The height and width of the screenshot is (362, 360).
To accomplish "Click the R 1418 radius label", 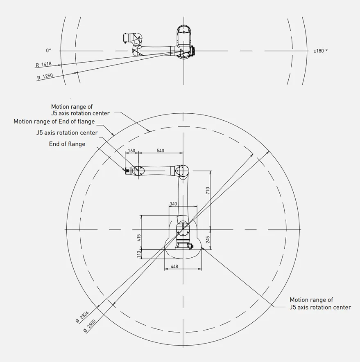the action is click(x=43, y=64).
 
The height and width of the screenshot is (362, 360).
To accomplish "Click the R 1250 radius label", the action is click(x=45, y=76).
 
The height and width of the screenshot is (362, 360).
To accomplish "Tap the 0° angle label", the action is click(x=49, y=50).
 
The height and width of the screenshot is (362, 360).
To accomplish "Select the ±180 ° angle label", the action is click(x=320, y=51).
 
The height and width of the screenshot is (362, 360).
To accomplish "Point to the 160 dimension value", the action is click(x=131, y=151).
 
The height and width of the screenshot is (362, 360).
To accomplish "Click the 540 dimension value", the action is click(x=160, y=151).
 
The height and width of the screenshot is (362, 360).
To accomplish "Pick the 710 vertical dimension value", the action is click(x=208, y=191).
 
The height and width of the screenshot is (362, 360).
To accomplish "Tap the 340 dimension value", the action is click(x=173, y=204).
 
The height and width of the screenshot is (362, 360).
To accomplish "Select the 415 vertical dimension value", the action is click(x=139, y=238).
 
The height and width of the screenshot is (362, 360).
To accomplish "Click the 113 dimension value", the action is click(x=139, y=254).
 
